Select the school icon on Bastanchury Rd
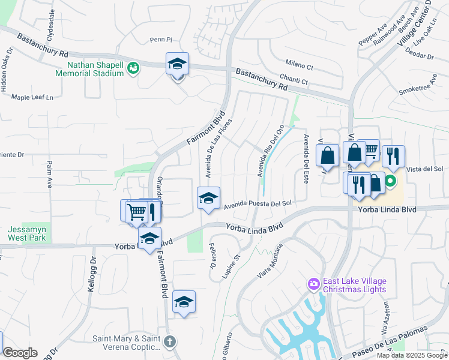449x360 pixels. [178, 64]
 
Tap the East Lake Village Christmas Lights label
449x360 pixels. [354, 285]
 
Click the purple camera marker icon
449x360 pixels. [312, 283]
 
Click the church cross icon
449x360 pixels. [170, 342]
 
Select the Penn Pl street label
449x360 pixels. [161, 40]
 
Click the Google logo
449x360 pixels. [20, 353]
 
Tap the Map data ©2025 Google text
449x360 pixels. [412, 355]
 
